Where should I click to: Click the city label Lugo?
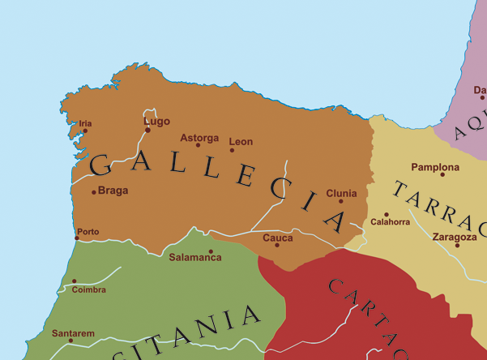[157, 122]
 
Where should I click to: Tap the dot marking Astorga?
[198, 144]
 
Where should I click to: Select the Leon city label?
[241, 142]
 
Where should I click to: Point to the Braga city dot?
[94, 192]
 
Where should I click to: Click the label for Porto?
[88, 232]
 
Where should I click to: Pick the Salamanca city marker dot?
[211, 251]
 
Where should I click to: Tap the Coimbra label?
[89, 289]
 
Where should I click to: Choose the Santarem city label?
[73, 333]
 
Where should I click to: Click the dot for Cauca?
[277, 245]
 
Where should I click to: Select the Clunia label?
[341, 194]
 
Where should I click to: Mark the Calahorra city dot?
[387, 215]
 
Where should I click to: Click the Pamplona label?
[435, 168]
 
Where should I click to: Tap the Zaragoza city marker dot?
[457, 245]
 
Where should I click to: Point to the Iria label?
[85, 123]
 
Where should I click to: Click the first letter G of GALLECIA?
[100, 165]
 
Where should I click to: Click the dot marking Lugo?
[147, 130]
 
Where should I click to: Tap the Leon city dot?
[232, 150]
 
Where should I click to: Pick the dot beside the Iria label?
[85, 131]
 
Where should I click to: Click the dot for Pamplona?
[442, 174]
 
